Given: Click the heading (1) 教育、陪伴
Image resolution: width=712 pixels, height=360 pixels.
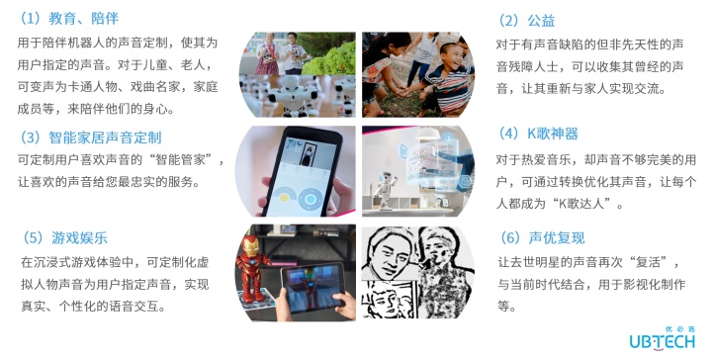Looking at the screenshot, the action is [67, 19].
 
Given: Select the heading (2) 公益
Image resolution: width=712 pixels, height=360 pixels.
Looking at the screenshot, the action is [526, 21].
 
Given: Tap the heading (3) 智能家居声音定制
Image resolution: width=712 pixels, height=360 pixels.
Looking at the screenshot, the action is [90, 137].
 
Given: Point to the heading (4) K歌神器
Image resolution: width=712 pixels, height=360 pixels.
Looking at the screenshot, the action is [538, 134].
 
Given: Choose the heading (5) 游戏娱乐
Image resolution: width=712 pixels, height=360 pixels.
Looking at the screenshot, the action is [65, 237].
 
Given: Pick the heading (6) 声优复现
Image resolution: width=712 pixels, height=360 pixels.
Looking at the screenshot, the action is [542, 237].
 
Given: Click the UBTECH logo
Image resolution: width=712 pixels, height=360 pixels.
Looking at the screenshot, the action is [662, 338].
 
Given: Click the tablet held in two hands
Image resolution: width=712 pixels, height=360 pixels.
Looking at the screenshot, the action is [312, 288].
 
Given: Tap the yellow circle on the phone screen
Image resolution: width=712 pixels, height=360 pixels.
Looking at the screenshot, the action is [284, 198].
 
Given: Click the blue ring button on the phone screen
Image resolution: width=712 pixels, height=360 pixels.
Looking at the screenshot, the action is [311, 199].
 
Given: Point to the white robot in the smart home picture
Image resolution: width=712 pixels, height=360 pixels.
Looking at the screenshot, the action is [385, 191].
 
